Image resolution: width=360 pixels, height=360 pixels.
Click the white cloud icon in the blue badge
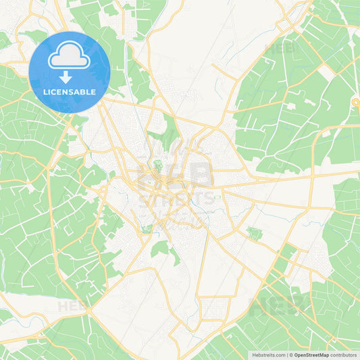click(69, 56)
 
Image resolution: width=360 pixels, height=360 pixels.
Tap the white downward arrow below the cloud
click(66, 76)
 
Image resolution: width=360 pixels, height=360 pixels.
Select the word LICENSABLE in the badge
click(69, 92)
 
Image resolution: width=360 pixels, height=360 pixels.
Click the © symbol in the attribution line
click(291, 355)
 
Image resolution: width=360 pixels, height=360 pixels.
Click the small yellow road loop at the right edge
click(355, 103)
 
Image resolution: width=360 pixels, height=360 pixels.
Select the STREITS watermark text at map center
click(176, 198)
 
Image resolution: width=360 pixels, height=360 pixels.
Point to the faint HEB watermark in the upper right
click(281, 49)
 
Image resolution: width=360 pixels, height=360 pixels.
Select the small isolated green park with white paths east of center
click(254, 234)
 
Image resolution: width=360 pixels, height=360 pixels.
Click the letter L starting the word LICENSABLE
click(44, 92)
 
